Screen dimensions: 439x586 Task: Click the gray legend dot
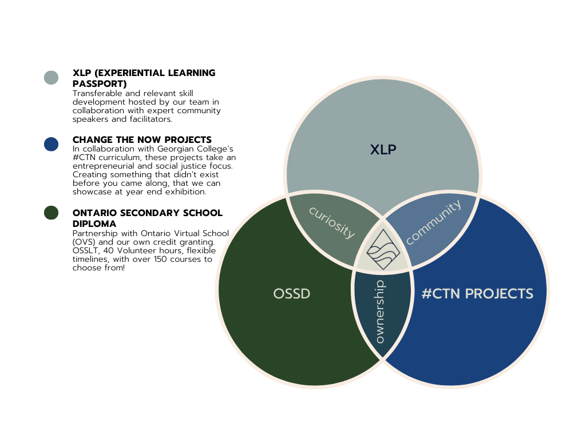click(x=51, y=78)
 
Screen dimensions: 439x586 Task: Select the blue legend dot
click(x=51, y=144)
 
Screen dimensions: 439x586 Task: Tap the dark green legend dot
click(x=51, y=213)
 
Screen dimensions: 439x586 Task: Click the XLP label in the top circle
click(x=383, y=150)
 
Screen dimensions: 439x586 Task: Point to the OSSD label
click(x=292, y=294)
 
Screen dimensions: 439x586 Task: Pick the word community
click(x=433, y=222)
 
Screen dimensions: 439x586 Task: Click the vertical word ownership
click(x=379, y=312)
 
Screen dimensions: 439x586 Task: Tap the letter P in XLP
click(x=392, y=150)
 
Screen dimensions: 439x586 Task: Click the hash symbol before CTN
click(x=426, y=294)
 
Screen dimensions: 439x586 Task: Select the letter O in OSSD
click(x=279, y=294)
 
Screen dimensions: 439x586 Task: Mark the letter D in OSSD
click(x=305, y=294)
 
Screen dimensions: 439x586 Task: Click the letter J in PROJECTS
click(x=495, y=294)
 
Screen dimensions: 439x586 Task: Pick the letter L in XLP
click(x=383, y=150)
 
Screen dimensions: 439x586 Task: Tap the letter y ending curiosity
click(x=349, y=234)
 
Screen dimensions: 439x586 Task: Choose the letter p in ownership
click(x=381, y=284)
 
